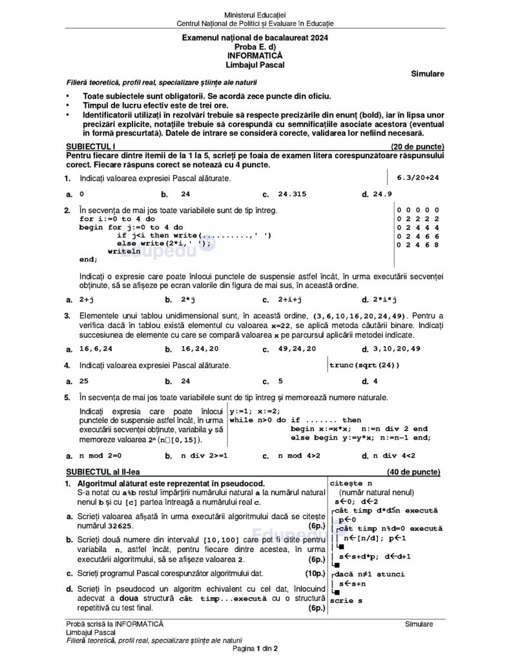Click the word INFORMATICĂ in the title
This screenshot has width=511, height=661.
point(255,56)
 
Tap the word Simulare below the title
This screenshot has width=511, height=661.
point(427,74)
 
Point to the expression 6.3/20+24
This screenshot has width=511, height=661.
point(417,177)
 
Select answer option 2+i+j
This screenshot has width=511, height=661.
point(290,300)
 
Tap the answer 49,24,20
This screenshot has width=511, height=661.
point(297,349)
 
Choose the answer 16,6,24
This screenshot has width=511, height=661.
point(96,349)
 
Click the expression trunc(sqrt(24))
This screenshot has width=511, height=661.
point(364,365)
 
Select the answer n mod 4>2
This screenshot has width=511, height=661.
point(299,456)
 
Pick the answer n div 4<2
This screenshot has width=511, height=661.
point(395,456)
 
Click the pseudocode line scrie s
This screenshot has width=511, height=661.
point(346,600)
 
